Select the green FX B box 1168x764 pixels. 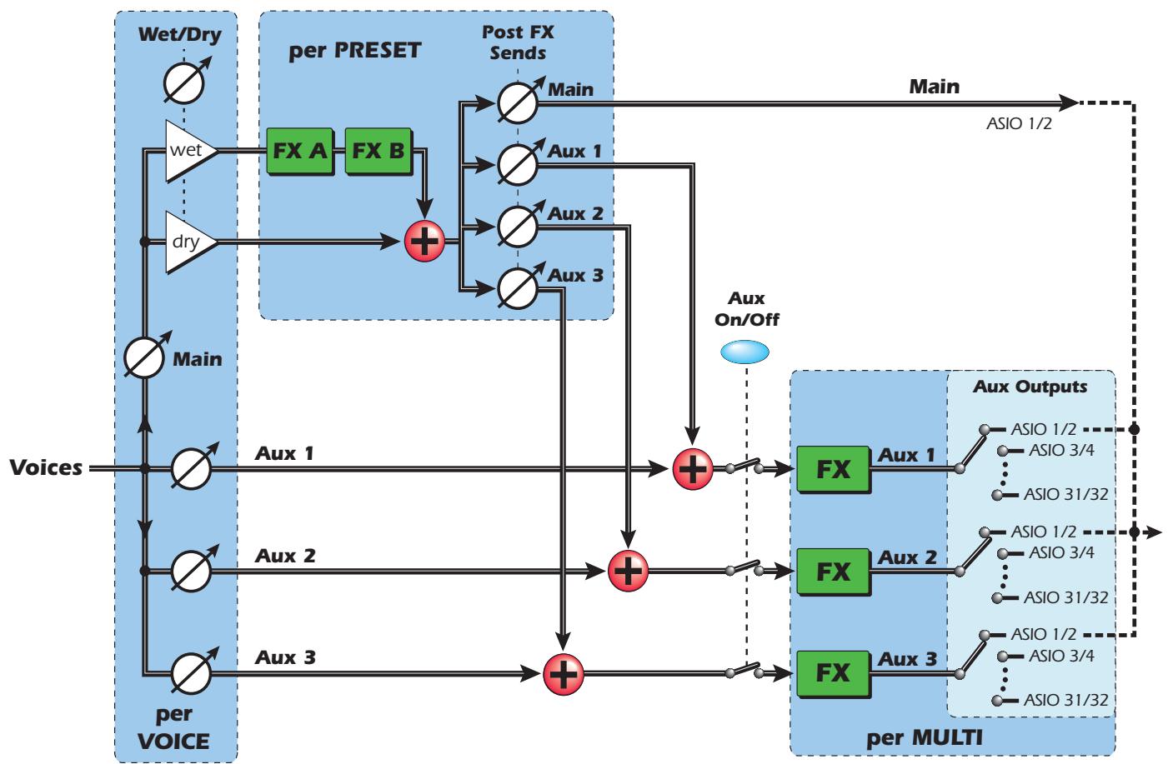pos(378,151)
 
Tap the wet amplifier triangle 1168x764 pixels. pos(188,151)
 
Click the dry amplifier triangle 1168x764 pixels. pos(188,242)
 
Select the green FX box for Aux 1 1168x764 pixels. pos(832,469)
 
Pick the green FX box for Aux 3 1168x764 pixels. pos(832,672)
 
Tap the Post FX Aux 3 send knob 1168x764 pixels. pos(517,288)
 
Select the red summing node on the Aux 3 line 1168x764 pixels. pos(564,672)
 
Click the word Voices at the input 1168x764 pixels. pos(46,468)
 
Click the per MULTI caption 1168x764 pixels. pos(914,738)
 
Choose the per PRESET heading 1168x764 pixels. pos(354,50)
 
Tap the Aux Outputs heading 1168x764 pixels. pos(1030,387)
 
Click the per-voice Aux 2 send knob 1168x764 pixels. pos(191,571)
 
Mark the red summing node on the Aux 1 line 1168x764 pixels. pos(693,469)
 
